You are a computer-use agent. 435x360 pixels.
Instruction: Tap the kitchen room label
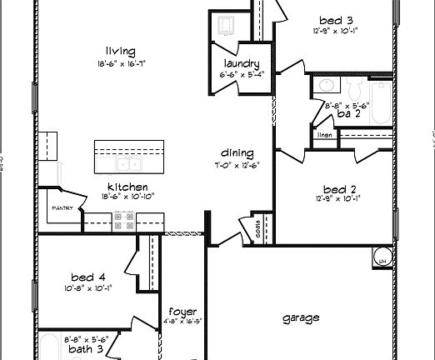[x=128, y=187]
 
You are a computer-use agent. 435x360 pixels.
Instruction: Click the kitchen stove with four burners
[x=125, y=220]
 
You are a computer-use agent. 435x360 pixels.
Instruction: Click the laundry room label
[x=242, y=64]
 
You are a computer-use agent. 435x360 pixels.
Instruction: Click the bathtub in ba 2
[x=380, y=104]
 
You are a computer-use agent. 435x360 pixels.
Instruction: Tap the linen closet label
[x=325, y=134]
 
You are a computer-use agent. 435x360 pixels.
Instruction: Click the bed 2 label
[x=333, y=188]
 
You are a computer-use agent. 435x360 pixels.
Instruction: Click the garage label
[x=300, y=317]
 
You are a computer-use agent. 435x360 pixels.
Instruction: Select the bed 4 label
[x=87, y=277]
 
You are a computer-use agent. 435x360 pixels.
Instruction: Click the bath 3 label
[x=86, y=349]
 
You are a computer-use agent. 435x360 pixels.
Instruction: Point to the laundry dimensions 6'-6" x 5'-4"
[x=242, y=74]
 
